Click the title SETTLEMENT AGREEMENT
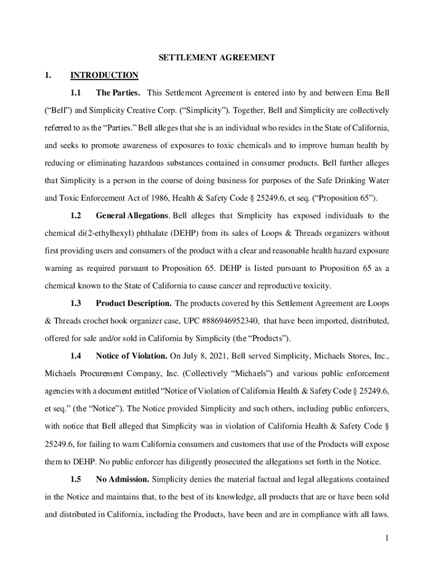click(217, 58)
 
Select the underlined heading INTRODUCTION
click(104, 75)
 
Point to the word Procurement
click(99, 373)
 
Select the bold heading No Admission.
click(123, 479)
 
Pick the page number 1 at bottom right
click(387, 538)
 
